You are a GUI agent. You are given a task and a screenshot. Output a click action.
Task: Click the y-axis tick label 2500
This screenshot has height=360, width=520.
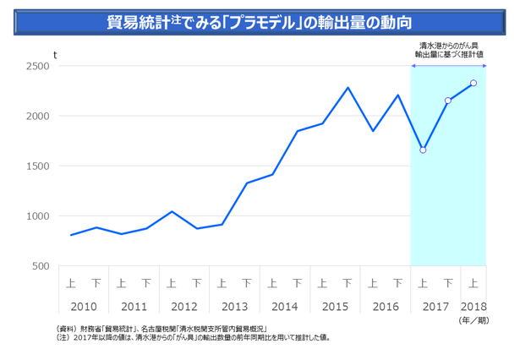click(x=37, y=66)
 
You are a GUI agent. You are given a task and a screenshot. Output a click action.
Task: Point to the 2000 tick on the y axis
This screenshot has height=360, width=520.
click(x=37, y=116)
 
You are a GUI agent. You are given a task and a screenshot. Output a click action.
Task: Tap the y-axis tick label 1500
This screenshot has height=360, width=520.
click(x=37, y=166)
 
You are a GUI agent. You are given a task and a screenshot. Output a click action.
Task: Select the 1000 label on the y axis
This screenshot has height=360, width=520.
click(x=37, y=216)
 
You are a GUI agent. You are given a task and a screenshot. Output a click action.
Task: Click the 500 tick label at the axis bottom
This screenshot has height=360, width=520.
click(x=40, y=266)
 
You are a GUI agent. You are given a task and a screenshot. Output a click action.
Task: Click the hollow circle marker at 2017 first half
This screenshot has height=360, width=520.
click(x=423, y=150)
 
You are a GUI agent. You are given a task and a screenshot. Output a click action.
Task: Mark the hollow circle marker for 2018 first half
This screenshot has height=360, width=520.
click(x=473, y=83)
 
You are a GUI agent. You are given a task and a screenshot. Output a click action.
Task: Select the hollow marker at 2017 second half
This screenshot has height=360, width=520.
click(x=448, y=101)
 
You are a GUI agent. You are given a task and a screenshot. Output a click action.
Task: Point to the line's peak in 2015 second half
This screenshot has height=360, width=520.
click(x=348, y=87)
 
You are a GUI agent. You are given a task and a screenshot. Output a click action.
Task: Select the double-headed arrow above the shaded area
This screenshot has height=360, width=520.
click(x=448, y=64)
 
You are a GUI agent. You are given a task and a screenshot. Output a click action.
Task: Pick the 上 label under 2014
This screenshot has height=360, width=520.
click(x=273, y=283)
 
